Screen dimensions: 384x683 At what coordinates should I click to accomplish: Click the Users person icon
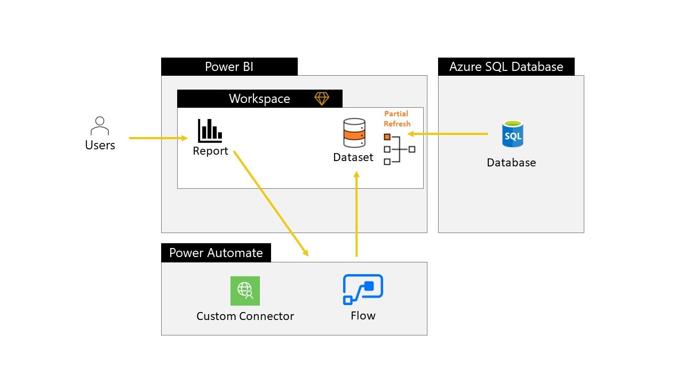(100, 126)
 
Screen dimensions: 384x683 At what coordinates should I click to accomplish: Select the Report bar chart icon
(210, 131)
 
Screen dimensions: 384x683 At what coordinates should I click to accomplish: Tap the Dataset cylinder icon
(354, 133)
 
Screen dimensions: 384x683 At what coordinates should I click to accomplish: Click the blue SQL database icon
(512, 134)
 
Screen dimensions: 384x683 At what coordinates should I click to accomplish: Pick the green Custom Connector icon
(245, 291)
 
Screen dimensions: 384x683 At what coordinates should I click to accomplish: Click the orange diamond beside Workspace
(322, 99)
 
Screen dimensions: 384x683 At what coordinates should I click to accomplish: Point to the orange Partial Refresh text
(396, 119)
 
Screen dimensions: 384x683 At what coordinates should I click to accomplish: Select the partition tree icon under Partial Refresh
(399, 149)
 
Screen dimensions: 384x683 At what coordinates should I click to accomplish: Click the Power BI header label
(229, 67)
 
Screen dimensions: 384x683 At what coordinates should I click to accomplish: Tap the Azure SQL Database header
(506, 67)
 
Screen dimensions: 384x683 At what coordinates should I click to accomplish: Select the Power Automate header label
(216, 253)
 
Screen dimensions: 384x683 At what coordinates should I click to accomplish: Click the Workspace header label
(259, 99)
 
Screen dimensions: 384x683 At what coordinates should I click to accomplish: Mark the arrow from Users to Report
(158, 138)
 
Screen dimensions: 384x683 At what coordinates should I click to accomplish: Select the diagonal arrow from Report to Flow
(271, 203)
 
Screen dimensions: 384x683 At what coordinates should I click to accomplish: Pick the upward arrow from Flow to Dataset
(356, 213)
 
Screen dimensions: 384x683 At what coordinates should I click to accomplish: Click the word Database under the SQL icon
(511, 163)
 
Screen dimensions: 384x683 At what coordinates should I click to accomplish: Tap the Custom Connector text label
(245, 316)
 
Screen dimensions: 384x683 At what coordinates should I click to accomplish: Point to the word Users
(100, 145)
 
